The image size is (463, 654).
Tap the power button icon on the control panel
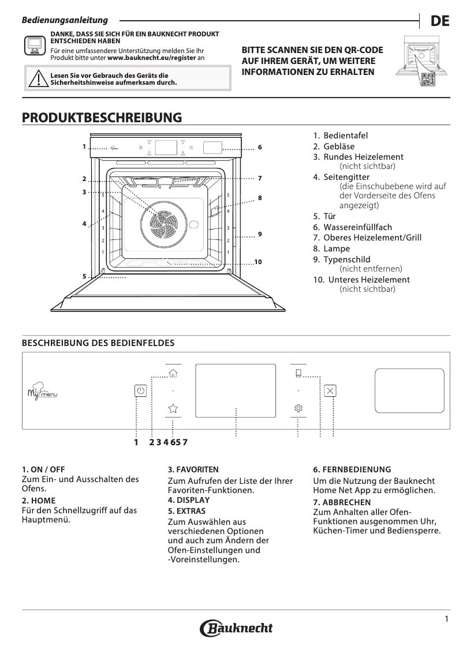(x=140, y=391)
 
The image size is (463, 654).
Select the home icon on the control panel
(x=173, y=372)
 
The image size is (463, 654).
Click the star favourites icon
(x=173, y=408)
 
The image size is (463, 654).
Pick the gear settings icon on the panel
(x=298, y=408)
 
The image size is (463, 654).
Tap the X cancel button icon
(x=330, y=391)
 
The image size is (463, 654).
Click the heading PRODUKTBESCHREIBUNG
(x=102, y=118)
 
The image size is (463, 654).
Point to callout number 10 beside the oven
(x=258, y=262)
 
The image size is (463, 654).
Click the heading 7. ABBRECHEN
(x=342, y=502)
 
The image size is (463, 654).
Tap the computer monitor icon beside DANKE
(x=35, y=44)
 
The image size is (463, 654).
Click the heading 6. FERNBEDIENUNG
(x=352, y=469)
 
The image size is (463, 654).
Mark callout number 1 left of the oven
(x=84, y=146)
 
